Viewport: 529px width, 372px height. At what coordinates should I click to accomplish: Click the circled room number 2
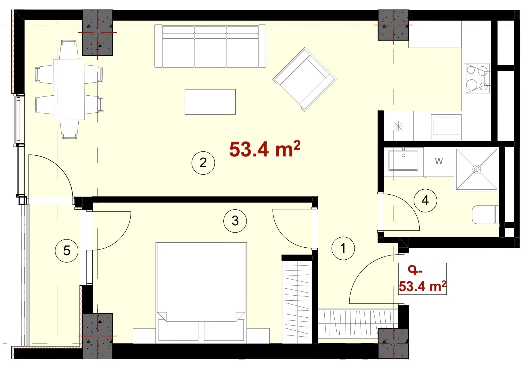[x=203, y=163]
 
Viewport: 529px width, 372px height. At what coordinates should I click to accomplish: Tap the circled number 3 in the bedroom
[x=235, y=221]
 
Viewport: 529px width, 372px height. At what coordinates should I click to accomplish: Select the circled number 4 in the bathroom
[x=425, y=200]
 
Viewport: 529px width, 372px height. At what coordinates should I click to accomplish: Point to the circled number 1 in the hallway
[x=343, y=248]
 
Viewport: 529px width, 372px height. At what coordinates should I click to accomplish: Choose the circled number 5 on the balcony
[x=67, y=251]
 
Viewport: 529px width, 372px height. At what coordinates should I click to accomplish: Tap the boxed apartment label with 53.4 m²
[x=422, y=279]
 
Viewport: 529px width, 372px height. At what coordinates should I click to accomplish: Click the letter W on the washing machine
[x=439, y=161]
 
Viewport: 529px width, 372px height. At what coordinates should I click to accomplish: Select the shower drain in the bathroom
[x=477, y=169]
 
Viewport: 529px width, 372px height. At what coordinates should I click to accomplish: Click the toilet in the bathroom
[x=485, y=215]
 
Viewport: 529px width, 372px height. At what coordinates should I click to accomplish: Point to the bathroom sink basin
[x=403, y=160]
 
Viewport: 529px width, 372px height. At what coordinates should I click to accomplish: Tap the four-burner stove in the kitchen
[x=477, y=78]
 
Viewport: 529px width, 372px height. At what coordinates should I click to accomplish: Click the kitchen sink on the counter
[x=446, y=127]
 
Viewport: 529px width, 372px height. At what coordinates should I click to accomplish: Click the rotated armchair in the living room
[x=305, y=79]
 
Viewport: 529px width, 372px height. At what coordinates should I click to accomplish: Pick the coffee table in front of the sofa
[x=210, y=102]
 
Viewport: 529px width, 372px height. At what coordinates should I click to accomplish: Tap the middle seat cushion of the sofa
[x=210, y=47]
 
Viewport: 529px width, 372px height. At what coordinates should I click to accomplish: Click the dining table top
[x=69, y=90]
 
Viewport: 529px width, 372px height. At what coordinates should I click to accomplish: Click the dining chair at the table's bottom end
[x=69, y=129]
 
